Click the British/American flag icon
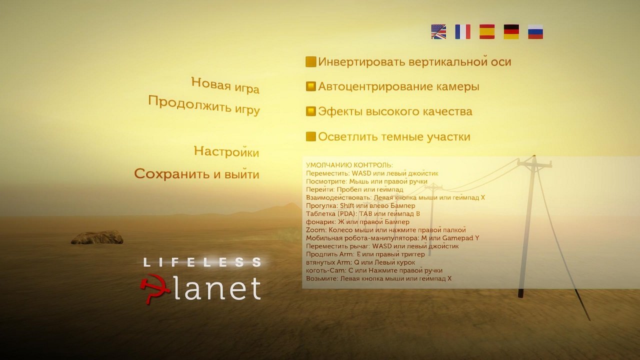click(438, 32)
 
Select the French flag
click(462, 32)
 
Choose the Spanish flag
click(487, 32)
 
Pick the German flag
click(511, 32)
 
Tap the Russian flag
click(535, 32)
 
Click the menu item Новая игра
click(225, 85)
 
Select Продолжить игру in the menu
click(204, 105)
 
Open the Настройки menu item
click(226, 151)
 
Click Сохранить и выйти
click(196, 174)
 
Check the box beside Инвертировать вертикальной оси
click(311, 62)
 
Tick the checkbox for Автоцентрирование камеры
click(311, 86)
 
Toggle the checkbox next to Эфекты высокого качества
click(311, 111)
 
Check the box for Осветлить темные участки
click(311, 136)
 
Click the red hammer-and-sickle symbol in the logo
click(152, 289)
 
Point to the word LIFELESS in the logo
click(202, 262)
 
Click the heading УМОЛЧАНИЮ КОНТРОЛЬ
click(349, 165)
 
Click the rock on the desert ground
click(97, 237)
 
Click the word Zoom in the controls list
click(315, 230)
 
